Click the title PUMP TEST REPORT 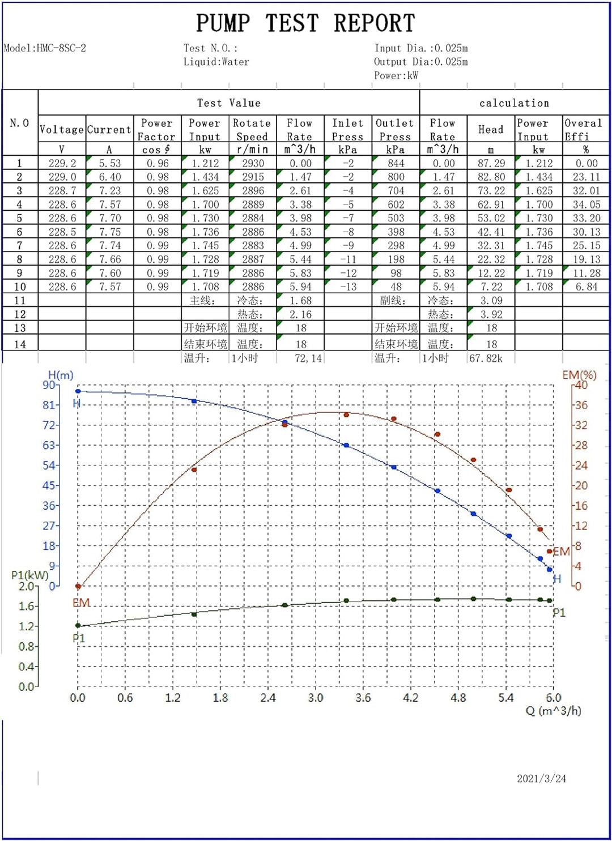305,23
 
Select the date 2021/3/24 541,778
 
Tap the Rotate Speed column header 252,130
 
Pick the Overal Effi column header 584,130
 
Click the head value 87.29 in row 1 491,163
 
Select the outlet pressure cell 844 396,163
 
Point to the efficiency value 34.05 586,204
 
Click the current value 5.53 109,163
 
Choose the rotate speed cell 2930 253,163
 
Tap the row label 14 20,344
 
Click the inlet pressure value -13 348,287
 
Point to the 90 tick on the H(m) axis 49,385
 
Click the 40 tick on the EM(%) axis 581,385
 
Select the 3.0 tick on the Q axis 316,698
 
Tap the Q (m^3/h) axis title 553,711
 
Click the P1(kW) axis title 29,575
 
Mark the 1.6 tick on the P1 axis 27,606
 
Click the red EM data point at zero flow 78,586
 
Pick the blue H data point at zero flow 78,391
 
